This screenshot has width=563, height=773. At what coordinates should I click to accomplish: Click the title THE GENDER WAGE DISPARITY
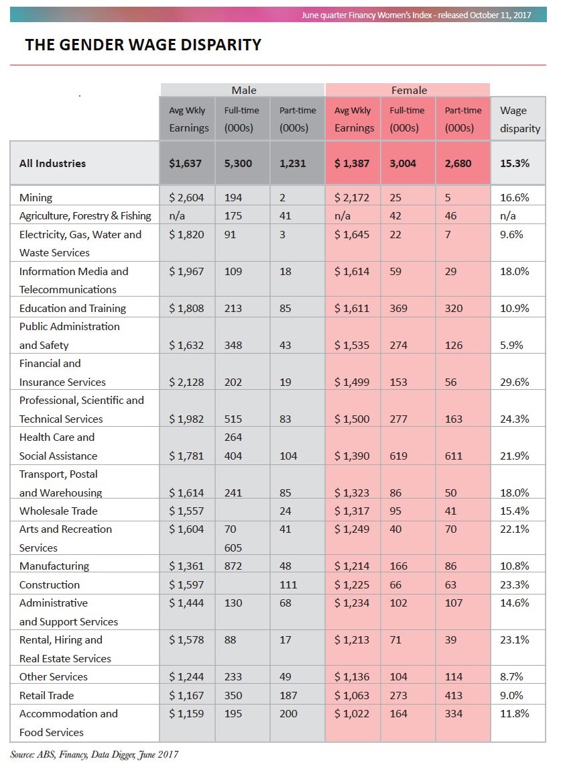(x=143, y=45)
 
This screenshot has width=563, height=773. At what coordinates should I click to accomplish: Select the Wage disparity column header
(x=517, y=119)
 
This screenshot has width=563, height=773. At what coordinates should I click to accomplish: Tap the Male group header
(x=243, y=90)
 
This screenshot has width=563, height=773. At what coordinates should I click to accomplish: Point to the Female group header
(x=408, y=90)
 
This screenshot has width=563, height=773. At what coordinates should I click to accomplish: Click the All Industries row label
(x=52, y=163)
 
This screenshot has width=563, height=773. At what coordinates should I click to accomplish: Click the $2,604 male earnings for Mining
(x=186, y=198)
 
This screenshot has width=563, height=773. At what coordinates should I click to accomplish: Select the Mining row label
(x=36, y=198)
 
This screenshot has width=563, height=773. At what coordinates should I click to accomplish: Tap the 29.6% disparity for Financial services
(x=515, y=382)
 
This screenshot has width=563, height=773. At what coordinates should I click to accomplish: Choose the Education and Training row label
(x=72, y=309)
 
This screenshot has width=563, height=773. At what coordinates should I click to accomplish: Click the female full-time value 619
(x=398, y=456)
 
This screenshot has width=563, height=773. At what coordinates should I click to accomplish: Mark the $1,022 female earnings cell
(x=352, y=714)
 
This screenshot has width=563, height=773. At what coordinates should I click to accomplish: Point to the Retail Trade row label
(x=46, y=696)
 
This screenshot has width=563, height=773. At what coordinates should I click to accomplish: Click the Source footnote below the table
(x=94, y=755)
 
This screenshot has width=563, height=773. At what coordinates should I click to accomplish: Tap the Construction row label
(x=50, y=585)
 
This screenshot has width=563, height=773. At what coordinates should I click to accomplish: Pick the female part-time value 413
(x=454, y=696)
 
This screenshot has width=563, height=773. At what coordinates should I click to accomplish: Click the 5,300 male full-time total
(x=238, y=163)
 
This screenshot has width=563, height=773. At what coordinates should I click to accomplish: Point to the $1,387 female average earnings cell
(x=352, y=163)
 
